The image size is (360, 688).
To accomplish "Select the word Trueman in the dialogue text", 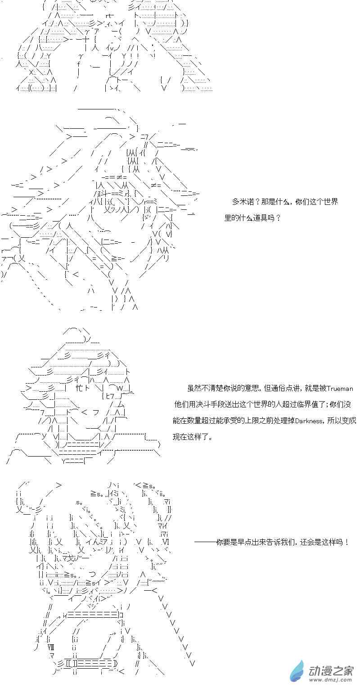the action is (340, 389).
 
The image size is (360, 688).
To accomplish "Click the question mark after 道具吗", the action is (279, 218).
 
